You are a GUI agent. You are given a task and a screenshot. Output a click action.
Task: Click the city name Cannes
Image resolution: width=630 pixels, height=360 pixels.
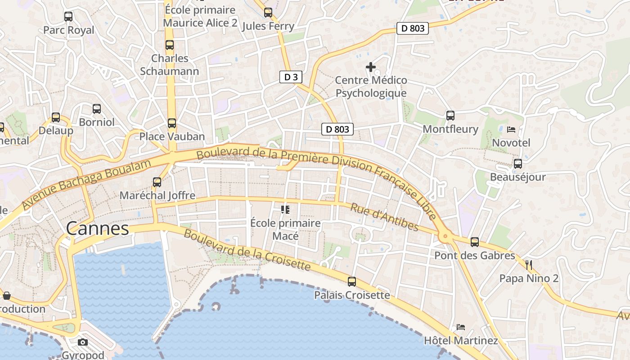[98, 229]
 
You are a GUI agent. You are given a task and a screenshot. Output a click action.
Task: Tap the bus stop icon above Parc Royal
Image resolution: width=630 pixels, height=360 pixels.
[68, 17]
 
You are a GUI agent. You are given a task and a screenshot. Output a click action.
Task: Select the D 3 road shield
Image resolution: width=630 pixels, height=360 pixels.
[291, 77]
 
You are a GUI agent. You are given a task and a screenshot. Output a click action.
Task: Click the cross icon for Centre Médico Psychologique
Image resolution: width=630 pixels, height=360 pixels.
[371, 67]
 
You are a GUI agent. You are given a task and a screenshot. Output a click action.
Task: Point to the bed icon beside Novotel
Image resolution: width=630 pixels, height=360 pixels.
[511, 130]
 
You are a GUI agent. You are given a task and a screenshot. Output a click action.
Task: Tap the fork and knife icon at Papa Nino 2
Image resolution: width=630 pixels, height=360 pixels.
[529, 265]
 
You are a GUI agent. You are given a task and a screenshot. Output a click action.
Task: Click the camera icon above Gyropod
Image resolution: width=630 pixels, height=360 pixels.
[83, 342]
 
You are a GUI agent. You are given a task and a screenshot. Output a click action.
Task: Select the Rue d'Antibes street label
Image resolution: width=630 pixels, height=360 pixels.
[384, 217]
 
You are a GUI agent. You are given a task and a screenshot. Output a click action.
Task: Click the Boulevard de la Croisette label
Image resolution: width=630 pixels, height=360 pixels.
[247, 250]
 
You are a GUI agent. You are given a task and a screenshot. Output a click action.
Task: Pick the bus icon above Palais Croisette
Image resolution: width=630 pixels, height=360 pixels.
[352, 282]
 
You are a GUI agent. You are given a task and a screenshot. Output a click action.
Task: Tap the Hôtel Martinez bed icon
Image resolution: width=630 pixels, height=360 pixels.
[461, 327]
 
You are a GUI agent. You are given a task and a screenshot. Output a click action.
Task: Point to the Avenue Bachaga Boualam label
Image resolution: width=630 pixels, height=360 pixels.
[85, 184]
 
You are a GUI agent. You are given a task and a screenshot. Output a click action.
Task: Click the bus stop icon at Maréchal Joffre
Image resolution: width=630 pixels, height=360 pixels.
[157, 182]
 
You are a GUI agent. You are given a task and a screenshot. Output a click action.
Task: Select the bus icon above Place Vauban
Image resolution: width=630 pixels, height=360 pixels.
[172, 123]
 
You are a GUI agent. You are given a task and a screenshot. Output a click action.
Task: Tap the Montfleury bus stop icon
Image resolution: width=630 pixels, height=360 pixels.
[450, 116]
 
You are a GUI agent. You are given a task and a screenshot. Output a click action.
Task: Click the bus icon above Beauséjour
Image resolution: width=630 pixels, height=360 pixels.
[518, 164]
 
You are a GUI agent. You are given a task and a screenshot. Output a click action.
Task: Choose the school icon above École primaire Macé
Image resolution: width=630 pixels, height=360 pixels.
[285, 210]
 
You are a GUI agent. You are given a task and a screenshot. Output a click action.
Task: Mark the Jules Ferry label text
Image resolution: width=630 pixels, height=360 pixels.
[268, 26]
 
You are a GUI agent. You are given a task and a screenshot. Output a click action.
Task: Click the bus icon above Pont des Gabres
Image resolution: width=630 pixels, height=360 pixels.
[475, 242]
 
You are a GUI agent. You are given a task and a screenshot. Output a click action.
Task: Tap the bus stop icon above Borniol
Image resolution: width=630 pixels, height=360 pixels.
[97, 109]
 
